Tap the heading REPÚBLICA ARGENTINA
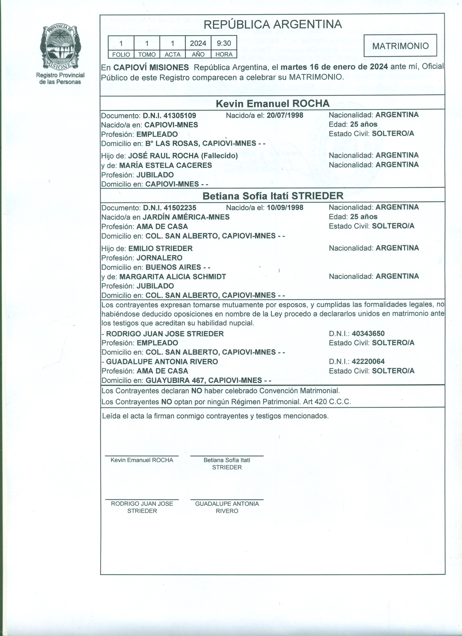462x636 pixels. tap(272, 24)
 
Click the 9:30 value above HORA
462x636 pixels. tap(224, 43)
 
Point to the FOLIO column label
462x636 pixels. tap(121, 54)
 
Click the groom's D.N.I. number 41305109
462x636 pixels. tap(180, 116)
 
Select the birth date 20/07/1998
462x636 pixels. tap(285, 115)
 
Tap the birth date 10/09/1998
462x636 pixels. tap(285, 207)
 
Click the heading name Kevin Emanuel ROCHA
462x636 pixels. tap(272, 103)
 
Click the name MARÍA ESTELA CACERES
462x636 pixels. tap(165, 165)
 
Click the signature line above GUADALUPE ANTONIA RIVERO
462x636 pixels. tap(227, 499)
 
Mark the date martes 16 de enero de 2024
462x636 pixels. tap(334, 67)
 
